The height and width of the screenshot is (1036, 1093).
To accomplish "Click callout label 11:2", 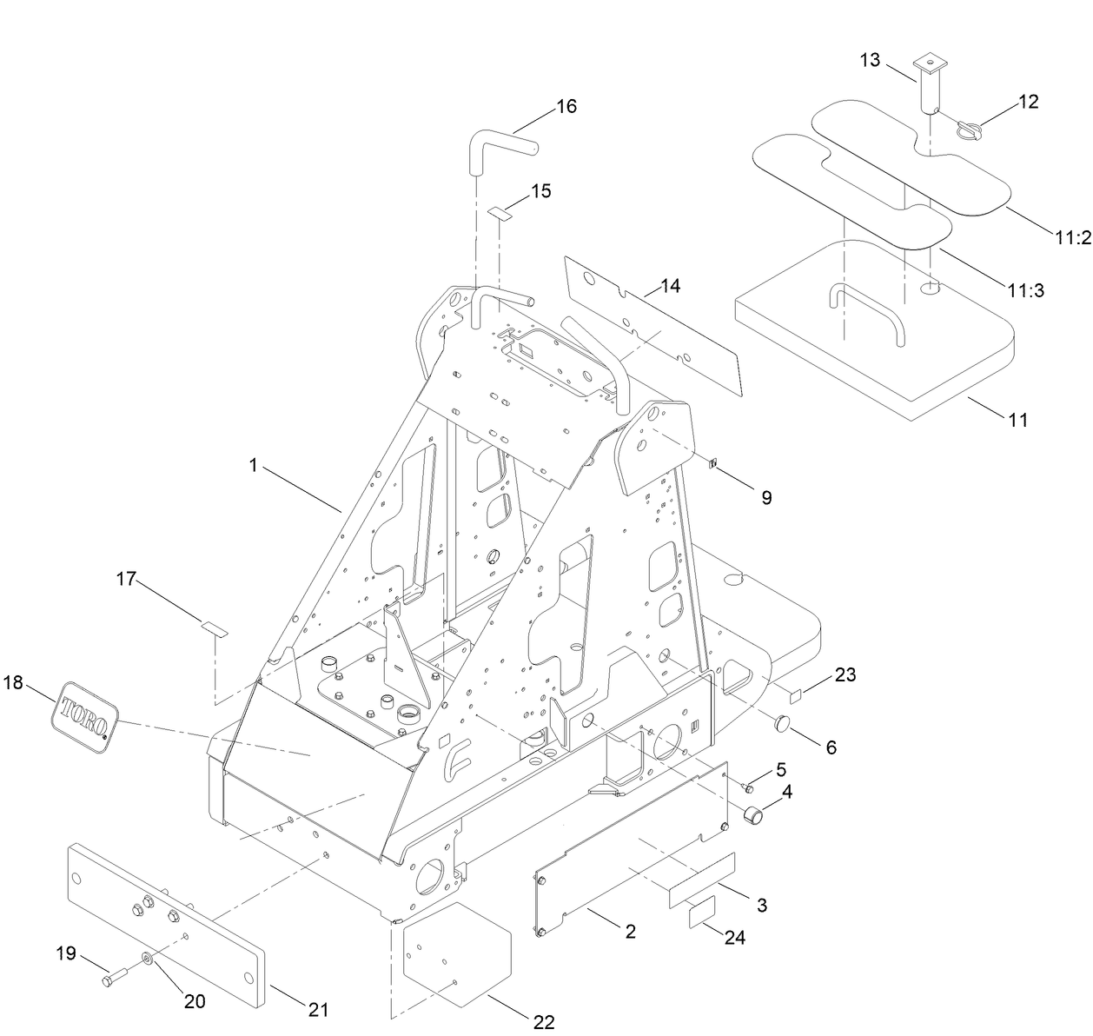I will pyautogui.click(x=1073, y=238).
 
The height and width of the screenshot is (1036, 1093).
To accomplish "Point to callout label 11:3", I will pyautogui.click(x=1025, y=291).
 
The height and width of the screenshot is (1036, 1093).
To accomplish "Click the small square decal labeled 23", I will pyautogui.click(x=794, y=694).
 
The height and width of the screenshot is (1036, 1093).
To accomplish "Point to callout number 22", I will pyautogui.click(x=544, y=1022).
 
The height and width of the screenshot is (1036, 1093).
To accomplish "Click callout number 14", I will pyautogui.click(x=670, y=285).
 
